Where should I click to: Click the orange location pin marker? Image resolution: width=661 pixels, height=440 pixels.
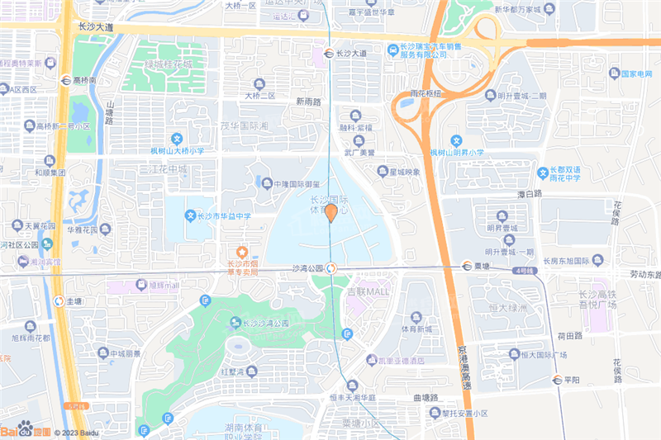[x=330, y=214]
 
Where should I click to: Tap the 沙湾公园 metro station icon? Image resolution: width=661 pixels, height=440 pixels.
[x=330, y=268]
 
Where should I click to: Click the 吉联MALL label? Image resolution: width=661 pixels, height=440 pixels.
[x=367, y=292]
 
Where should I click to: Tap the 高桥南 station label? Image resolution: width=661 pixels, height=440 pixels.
[x=85, y=80]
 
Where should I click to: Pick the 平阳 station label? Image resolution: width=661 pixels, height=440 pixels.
[x=573, y=380]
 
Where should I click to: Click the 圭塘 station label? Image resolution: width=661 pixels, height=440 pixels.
[x=74, y=301]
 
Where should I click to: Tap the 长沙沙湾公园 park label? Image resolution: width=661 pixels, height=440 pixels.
[x=265, y=324]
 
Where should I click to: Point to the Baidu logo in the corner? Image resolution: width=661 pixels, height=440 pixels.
[x=25, y=430]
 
